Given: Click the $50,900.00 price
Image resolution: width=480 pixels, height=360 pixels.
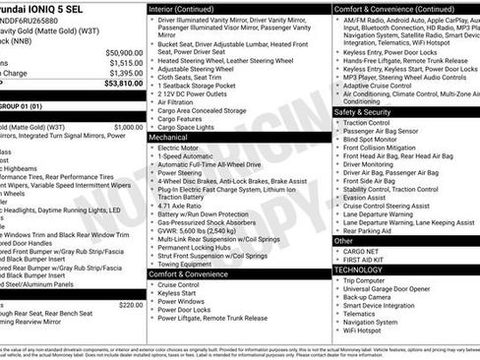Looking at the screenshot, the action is coord(123,52).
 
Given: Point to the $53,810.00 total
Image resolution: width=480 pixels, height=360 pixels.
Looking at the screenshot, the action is coord(123,84).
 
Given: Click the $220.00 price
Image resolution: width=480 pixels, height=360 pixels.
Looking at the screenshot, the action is coord(130,305).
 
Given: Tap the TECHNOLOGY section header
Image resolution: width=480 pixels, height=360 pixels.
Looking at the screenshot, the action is coord(358,269).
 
